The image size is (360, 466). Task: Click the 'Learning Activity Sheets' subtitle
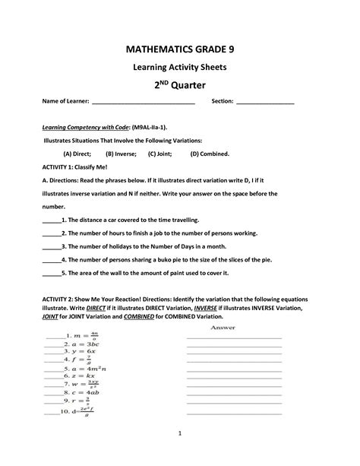[180, 67]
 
